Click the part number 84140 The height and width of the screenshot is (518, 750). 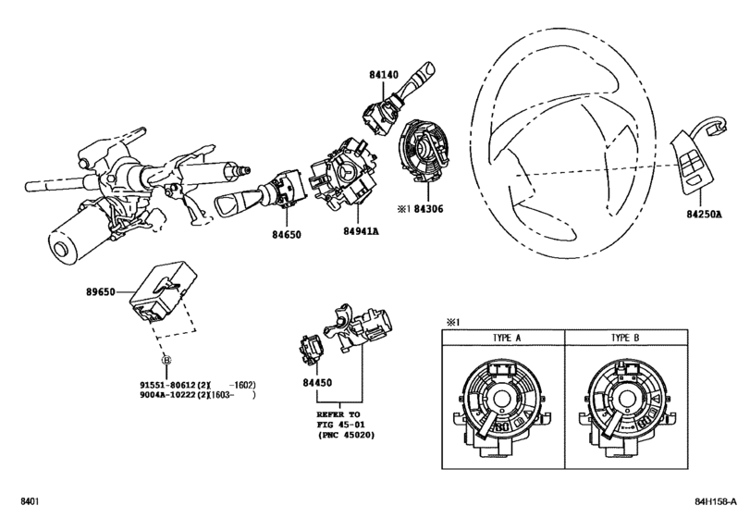(383, 75)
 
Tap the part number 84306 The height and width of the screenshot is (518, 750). (428, 209)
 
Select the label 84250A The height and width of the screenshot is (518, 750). (704, 215)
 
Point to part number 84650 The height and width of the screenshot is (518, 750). (287, 235)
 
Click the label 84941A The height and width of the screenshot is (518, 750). (362, 231)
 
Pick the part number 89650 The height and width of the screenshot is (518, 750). (101, 291)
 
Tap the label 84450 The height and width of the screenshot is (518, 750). (317, 383)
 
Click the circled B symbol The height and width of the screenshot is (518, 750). (166, 360)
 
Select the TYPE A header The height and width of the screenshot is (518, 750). (507, 338)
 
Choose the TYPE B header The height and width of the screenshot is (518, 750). (625, 338)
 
